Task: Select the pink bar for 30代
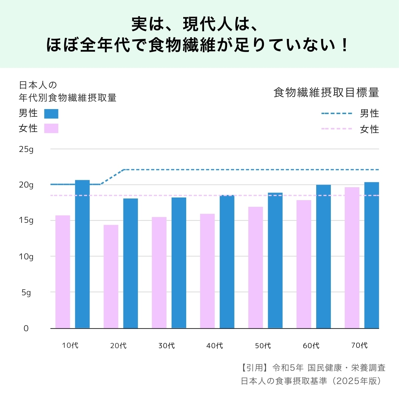pyautogui.click(x=159, y=273)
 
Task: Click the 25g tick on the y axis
pyautogui.click(x=26, y=149)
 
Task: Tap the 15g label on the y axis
pyautogui.click(x=26, y=220)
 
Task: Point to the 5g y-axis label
pyautogui.click(x=26, y=293)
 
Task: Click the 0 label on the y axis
pyautogui.click(x=26, y=329)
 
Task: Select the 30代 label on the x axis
pyautogui.click(x=167, y=346)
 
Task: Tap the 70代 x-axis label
pyautogui.click(x=359, y=345)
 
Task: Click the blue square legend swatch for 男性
pyautogui.click(x=51, y=114)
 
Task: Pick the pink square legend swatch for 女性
pyautogui.click(x=51, y=128)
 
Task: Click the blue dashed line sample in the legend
pyautogui.click(x=336, y=114)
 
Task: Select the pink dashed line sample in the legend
pyautogui.click(x=336, y=129)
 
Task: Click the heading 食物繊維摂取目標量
pyautogui.click(x=326, y=92)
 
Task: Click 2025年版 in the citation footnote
pyautogui.click(x=359, y=381)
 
